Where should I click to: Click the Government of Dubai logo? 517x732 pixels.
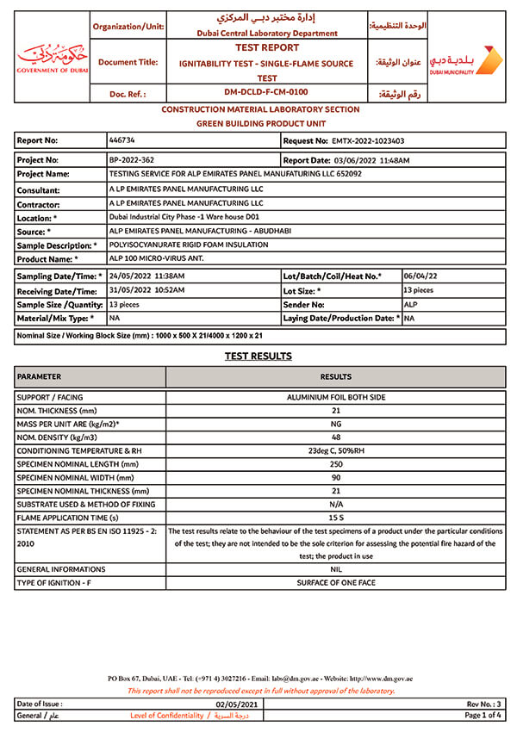[53, 58]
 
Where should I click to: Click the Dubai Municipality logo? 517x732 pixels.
[465, 59]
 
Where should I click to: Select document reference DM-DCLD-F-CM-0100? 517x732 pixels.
[266, 92]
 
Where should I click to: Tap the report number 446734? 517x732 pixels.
[121, 140]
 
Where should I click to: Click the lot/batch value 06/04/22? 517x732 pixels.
[421, 276]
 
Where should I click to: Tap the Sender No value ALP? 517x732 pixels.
[410, 304]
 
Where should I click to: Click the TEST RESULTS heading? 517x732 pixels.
[258, 356]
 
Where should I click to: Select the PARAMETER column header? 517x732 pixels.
[40, 376]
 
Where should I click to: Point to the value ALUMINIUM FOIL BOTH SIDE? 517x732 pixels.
[335, 397]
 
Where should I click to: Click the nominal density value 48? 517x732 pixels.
[335, 437]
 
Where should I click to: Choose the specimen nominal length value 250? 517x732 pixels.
[335, 464]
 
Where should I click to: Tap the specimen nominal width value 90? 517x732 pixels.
[335, 477]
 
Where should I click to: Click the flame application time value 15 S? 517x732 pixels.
[335, 518]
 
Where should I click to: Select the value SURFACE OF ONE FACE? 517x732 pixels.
[335, 583]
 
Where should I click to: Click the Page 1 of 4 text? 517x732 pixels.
[483, 715]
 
